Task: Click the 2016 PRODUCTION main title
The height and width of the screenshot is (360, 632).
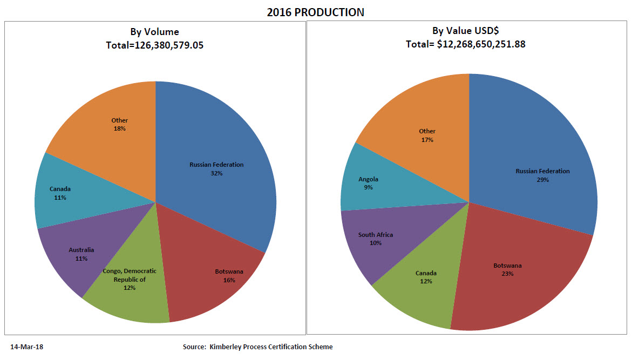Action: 315,12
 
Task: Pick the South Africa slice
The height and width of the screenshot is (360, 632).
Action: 378,237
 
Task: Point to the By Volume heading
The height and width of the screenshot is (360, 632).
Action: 154,32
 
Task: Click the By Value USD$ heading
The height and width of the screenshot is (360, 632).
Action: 465,32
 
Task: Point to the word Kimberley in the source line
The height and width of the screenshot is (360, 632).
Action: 227,347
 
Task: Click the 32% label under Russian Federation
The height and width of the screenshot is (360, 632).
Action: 216,173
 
